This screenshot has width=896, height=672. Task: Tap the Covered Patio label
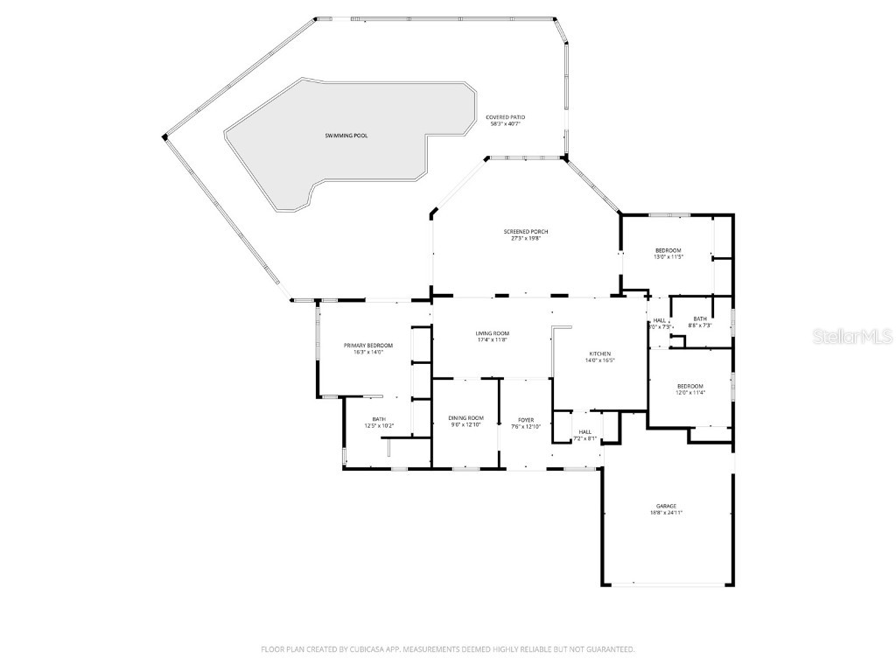click(x=506, y=116)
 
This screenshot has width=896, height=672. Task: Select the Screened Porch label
click(x=526, y=231)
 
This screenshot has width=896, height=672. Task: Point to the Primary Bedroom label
click(x=367, y=346)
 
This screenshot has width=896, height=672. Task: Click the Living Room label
click(x=493, y=333)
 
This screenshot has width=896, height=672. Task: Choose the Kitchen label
click(x=599, y=353)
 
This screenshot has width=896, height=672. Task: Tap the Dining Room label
click(x=465, y=418)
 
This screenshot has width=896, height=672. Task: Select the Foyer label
click(x=526, y=420)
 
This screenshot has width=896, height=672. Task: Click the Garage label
click(x=666, y=506)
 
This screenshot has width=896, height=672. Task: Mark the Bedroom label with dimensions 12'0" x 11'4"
click(x=689, y=386)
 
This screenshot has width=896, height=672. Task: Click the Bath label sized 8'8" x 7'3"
click(x=700, y=318)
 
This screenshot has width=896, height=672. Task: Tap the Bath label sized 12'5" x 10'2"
click(x=379, y=419)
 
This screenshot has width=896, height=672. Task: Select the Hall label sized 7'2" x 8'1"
click(x=584, y=431)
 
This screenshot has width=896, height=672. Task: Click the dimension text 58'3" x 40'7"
click(x=506, y=123)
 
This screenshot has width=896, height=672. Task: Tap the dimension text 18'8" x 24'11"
click(x=666, y=513)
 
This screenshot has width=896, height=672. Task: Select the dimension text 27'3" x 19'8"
click(x=526, y=238)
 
